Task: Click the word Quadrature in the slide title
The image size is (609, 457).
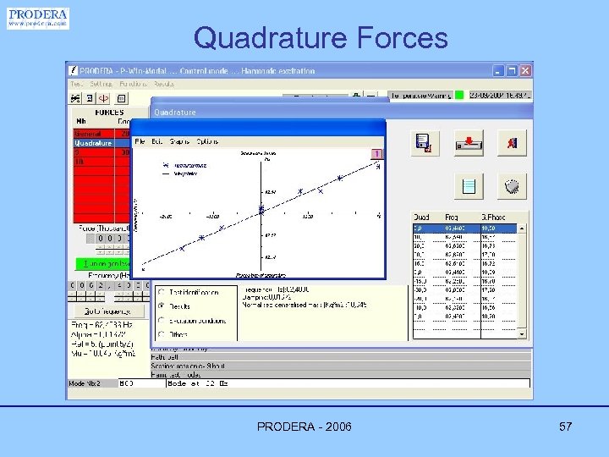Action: pos(270,38)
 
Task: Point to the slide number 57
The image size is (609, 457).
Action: pos(566,427)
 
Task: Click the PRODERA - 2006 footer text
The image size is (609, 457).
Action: pos(304,427)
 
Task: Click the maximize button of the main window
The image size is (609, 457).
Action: pos(513,71)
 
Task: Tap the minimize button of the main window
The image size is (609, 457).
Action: pos(499,71)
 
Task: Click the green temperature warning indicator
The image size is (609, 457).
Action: pos(459,96)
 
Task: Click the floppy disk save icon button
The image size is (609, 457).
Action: pos(425,143)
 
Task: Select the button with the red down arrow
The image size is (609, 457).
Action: pos(469,143)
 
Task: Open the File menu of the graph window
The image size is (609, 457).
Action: pos(140,141)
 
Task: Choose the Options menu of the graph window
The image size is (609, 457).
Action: pos(207,141)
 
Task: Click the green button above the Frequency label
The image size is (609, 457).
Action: pos(101,263)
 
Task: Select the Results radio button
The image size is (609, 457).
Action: pos(162,306)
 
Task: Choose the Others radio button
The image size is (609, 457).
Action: pos(162,334)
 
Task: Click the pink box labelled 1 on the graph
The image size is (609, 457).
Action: pos(377,154)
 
